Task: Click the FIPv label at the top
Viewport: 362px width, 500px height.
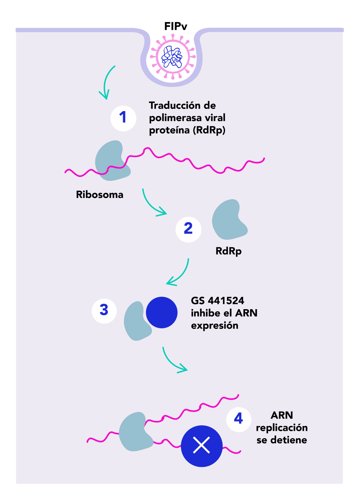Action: (x=176, y=27)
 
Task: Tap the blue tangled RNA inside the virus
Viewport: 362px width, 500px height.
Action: (x=172, y=57)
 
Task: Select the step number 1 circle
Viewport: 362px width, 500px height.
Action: (x=123, y=118)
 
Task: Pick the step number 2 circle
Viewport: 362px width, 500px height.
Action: (x=188, y=229)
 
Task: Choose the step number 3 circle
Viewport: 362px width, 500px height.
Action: (x=104, y=311)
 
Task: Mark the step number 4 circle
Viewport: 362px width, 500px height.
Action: (x=238, y=419)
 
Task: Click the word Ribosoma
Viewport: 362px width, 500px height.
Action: (x=100, y=195)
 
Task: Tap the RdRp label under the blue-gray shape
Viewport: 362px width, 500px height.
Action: (x=228, y=251)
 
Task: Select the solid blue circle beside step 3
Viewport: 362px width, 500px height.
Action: (x=162, y=313)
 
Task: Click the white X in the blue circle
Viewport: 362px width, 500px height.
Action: (x=202, y=446)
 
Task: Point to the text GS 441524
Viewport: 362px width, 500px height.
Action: (x=218, y=301)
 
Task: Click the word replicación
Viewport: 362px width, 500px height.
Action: (x=282, y=428)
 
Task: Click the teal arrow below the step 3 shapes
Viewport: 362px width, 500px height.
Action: (x=173, y=362)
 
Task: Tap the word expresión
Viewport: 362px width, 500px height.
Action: (x=214, y=326)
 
